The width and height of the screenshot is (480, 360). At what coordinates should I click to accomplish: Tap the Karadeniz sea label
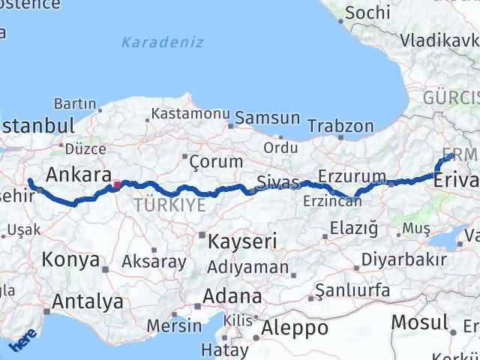(162, 42)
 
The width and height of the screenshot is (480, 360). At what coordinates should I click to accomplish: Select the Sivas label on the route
(277, 182)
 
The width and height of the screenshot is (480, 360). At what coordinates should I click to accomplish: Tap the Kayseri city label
(243, 241)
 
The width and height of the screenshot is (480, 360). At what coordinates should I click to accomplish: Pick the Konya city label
(71, 259)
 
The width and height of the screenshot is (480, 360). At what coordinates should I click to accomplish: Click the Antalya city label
(88, 302)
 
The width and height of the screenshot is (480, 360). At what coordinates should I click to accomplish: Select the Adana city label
(235, 295)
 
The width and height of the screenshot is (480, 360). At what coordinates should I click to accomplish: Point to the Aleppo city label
(295, 328)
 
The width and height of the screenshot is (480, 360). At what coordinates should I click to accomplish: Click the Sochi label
(367, 13)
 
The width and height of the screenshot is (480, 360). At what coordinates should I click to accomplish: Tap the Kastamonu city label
(190, 114)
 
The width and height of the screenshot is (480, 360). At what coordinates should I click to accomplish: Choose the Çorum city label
(217, 161)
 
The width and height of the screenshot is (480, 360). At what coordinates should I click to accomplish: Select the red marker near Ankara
(115, 184)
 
